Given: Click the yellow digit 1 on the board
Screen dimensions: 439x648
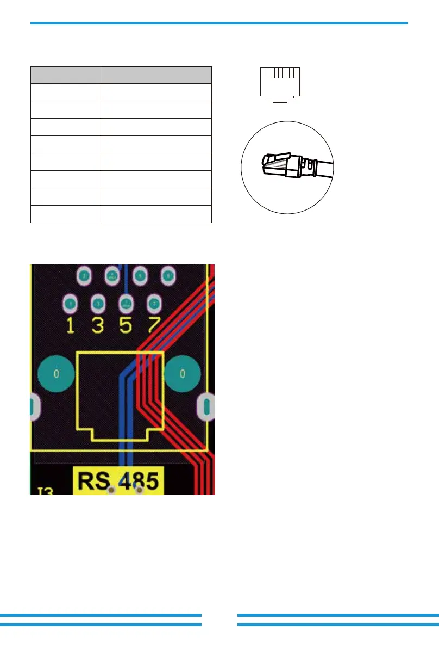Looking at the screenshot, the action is pos(70,325).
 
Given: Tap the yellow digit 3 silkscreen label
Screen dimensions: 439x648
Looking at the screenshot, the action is pos(98,325).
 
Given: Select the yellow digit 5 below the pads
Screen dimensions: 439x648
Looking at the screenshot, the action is pos(126,325).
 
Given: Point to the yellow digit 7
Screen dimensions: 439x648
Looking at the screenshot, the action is pos(154,325).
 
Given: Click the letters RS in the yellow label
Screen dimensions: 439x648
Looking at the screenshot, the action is pos(93,482).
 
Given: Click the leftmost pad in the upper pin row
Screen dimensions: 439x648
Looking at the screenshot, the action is pos(84,276).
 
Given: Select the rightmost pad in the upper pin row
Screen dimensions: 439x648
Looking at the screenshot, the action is pos(168,276).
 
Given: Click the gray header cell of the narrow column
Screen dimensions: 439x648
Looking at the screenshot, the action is pos(66,75).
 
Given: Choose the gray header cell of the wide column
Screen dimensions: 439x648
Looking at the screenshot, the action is pos(156,75).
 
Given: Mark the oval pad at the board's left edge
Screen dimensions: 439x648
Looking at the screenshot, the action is pos(32,406).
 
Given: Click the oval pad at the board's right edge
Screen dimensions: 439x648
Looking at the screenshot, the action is pos(207,406).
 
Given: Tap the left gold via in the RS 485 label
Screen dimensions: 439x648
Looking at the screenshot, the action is pos(111,491).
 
